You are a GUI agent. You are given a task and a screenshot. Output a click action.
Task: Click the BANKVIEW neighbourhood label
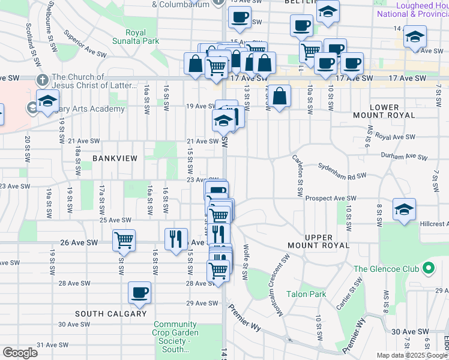(115, 158)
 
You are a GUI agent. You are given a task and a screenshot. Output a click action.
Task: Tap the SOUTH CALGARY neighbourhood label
(110, 314)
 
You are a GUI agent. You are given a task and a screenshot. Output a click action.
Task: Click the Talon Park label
(306, 294)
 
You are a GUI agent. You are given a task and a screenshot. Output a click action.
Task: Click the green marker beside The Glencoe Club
(427, 268)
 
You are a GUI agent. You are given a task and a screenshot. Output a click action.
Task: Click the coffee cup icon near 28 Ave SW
(140, 292)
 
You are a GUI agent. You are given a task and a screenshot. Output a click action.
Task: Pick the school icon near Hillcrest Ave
(404, 209)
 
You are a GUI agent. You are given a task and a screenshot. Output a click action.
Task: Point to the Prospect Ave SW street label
(330, 198)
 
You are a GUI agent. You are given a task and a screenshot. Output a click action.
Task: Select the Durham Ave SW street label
(403, 155)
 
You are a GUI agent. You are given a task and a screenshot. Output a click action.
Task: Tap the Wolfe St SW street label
(245, 261)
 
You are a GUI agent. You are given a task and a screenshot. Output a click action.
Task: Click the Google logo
(20, 352)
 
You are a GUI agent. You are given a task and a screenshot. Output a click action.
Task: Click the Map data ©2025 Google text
(412, 355)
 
